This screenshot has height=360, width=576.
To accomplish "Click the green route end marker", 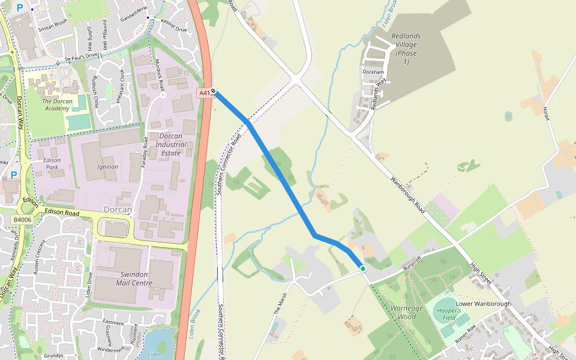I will (363, 269).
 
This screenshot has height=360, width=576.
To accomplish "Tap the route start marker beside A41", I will (214, 92).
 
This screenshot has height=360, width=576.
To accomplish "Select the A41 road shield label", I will (205, 93).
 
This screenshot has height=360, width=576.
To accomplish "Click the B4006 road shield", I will (23, 220).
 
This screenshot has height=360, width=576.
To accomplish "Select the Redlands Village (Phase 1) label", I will (406, 49).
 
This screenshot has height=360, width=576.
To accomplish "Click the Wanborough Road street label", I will (407, 196).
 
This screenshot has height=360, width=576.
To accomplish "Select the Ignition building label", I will (107, 167).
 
